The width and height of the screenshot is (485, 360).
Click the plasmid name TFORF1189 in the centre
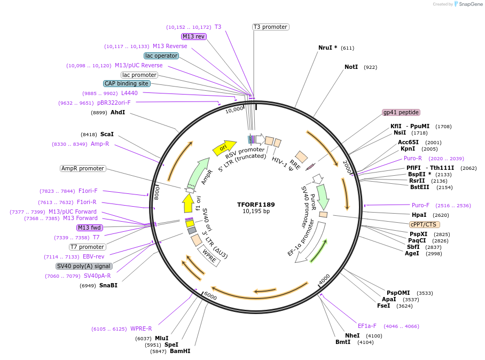point(256,204)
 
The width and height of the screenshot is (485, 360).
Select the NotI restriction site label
point(351,67)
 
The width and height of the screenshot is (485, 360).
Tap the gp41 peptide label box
point(401,113)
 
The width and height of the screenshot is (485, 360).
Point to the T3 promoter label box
point(270,27)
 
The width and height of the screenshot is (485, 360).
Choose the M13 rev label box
point(193,36)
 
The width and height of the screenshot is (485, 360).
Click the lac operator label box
point(161,56)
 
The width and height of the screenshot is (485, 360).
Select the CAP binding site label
point(127,84)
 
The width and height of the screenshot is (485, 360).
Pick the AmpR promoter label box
point(83,169)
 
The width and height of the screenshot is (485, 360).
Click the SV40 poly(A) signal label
point(84,266)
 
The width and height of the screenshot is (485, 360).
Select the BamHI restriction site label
point(180,351)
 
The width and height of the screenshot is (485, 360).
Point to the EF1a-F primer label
point(367,326)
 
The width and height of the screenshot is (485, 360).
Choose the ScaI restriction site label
point(107,135)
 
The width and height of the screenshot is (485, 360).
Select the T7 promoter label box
point(88,247)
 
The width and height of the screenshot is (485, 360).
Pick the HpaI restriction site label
point(419,215)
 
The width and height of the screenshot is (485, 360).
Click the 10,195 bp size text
point(256,212)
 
